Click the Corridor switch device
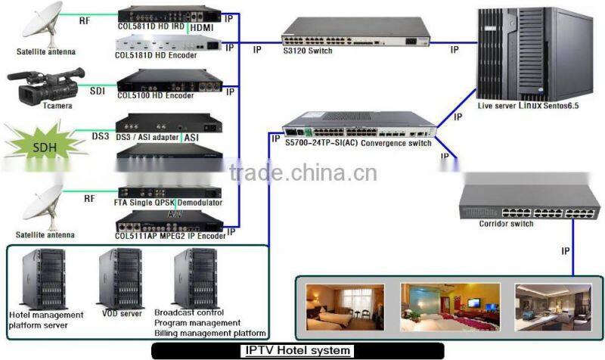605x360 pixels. pyautogui.click(x=517, y=200)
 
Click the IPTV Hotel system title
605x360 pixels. pyautogui.click(x=298, y=351)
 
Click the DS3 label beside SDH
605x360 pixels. pyautogui.click(x=101, y=136)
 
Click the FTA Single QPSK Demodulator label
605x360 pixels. pyautogui.click(x=169, y=203)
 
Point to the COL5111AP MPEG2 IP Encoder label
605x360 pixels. pyautogui.click(x=170, y=235)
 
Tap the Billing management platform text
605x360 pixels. pyautogui.click(x=209, y=333)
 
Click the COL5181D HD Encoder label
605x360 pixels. pyautogui.click(x=156, y=55)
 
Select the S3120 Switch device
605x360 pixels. pyautogui.click(x=355, y=33)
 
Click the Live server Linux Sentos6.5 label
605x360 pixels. pyautogui.click(x=529, y=107)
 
